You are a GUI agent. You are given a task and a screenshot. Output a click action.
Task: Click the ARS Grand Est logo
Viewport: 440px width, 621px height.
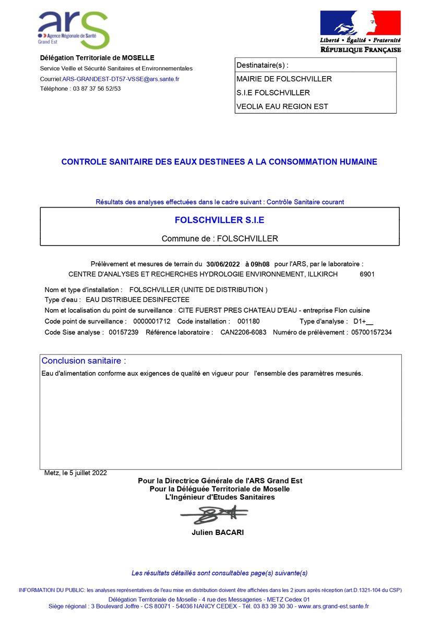click(x=73, y=29)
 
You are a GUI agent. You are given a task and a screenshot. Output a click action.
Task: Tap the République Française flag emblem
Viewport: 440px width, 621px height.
click(x=360, y=23)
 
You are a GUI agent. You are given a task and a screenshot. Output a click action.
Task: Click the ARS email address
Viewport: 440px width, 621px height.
click(x=121, y=79)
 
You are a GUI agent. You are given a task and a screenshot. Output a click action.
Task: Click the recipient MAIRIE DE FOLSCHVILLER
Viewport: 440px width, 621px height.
click(x=284, y=79)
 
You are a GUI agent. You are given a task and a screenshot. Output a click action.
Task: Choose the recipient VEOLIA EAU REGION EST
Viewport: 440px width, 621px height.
click(x=282, y=106)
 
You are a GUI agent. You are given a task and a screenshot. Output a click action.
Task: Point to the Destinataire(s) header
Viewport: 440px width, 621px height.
click(x=262, y=65)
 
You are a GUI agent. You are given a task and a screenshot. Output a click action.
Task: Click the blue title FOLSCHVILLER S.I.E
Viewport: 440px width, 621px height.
click(x=219, y=220)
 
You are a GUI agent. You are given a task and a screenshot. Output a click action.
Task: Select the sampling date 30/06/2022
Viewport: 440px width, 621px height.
click(x=223, y=264)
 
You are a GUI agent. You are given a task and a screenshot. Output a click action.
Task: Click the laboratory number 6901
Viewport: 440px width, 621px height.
click(x=367, y=274)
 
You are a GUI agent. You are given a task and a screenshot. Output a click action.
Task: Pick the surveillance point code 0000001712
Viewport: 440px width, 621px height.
click(x=152, y=321)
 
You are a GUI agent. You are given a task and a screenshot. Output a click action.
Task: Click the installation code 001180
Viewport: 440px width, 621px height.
click(x=248, y=321)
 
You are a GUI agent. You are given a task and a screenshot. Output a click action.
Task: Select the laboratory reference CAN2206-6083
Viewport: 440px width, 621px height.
click(x=243, y=332)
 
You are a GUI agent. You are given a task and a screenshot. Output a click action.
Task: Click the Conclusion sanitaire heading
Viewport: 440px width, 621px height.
click(x=84, y=361)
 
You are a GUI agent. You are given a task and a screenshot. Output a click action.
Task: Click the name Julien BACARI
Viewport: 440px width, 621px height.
click(x=218, y=532)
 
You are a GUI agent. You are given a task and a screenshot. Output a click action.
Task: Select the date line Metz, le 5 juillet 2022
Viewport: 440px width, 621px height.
click(x=76, y=473)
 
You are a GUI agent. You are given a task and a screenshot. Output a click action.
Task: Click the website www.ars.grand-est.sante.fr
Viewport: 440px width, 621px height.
click(x=333, y=606)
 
